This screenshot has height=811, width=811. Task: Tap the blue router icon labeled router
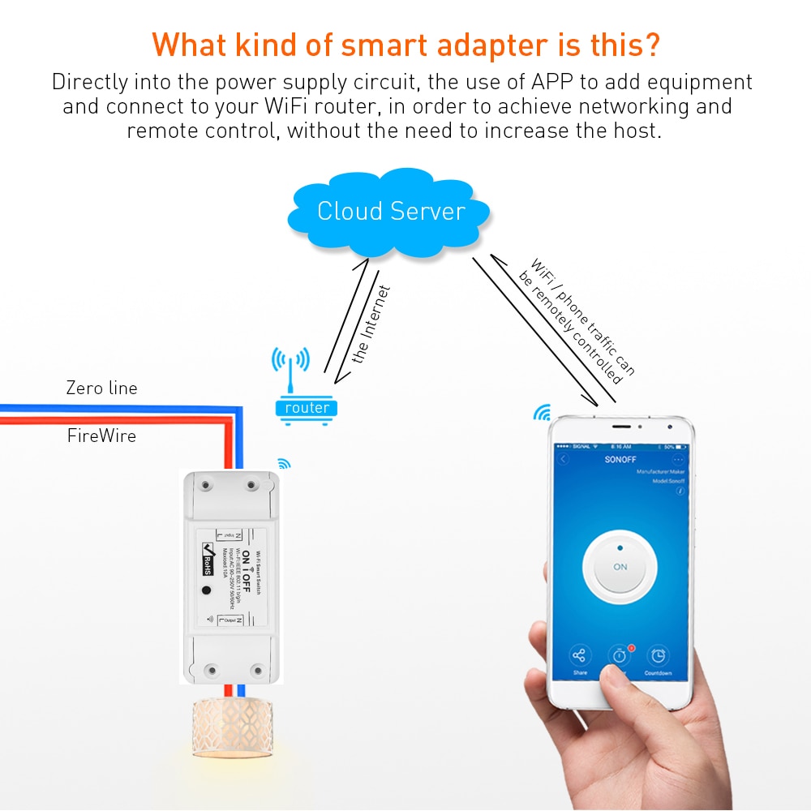(x=307, y=408)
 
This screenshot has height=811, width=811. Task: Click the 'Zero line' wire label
(x=101, y=388)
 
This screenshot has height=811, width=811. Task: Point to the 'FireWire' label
(x=101, y=436)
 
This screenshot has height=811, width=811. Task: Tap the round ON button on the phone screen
(x=620, y=567)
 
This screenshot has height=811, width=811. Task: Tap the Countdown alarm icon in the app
(x=658, y=656)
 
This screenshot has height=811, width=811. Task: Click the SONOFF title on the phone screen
(x=620, y=459)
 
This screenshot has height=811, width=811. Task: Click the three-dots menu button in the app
(x=678, y=459)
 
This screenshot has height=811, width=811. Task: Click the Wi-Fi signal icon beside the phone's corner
(x=540, y=414)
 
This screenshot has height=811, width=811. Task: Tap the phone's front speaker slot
(x=621, y=427)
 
